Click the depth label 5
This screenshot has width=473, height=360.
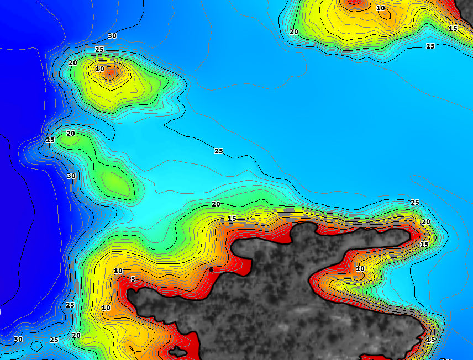(x=133, y=279)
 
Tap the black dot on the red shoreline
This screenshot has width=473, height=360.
(x=211, y=269)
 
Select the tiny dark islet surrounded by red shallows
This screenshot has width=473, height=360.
(x=177, y=351)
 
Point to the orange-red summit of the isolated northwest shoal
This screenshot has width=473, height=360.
(x=111, y=71)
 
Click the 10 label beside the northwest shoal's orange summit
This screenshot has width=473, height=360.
(x=99, y=69)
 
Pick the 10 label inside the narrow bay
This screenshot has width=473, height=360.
(x=360, y=269)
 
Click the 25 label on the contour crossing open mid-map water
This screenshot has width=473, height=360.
(x=219, y=151)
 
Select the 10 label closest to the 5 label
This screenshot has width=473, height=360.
(x=118, y=271)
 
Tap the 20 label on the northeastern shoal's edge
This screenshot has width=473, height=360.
(x=294, y=32)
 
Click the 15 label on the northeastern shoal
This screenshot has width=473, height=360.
(x=453, y=28)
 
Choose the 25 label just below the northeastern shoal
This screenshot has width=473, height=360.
(x=430, y=46)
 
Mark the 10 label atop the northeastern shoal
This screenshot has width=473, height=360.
(x=381, y=8)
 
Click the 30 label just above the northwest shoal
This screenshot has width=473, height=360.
(x=112, y=36)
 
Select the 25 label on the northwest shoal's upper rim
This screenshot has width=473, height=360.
(x=99, y=50)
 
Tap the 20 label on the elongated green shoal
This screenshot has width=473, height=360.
(x=71, y=134)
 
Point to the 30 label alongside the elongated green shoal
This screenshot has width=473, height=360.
(x=71, y=176)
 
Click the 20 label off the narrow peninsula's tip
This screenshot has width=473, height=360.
(x=426, y=222)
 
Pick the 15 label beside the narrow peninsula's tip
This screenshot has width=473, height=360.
(x=424, y=245)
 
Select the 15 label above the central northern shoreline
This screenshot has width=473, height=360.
(x=232, y=219)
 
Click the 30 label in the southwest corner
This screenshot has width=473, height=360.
(x=18, y=339)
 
